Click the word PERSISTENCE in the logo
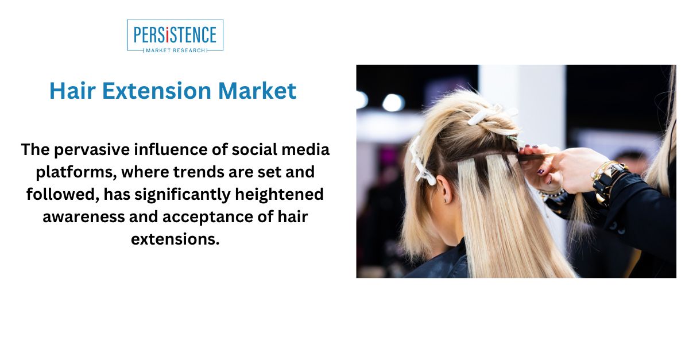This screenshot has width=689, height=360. tap(175, 35)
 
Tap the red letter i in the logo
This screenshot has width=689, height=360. tap(167, 35)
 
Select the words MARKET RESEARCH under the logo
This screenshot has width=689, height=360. tap(175, 50)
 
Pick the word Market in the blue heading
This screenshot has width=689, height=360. tap(257, 91)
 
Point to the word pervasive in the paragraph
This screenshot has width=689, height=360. tap(92, 150)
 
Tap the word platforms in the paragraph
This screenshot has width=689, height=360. tap(76, 173)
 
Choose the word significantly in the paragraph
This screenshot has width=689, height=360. tap(183, 195)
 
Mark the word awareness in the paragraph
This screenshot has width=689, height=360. tap(83, 217)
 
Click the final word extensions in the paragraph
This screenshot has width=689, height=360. tap(175, 239)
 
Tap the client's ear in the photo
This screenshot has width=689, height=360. tap(444, 189)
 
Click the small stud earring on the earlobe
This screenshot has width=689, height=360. tap(445, 201)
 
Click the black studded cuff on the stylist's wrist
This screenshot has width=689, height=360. tap(610, 183)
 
